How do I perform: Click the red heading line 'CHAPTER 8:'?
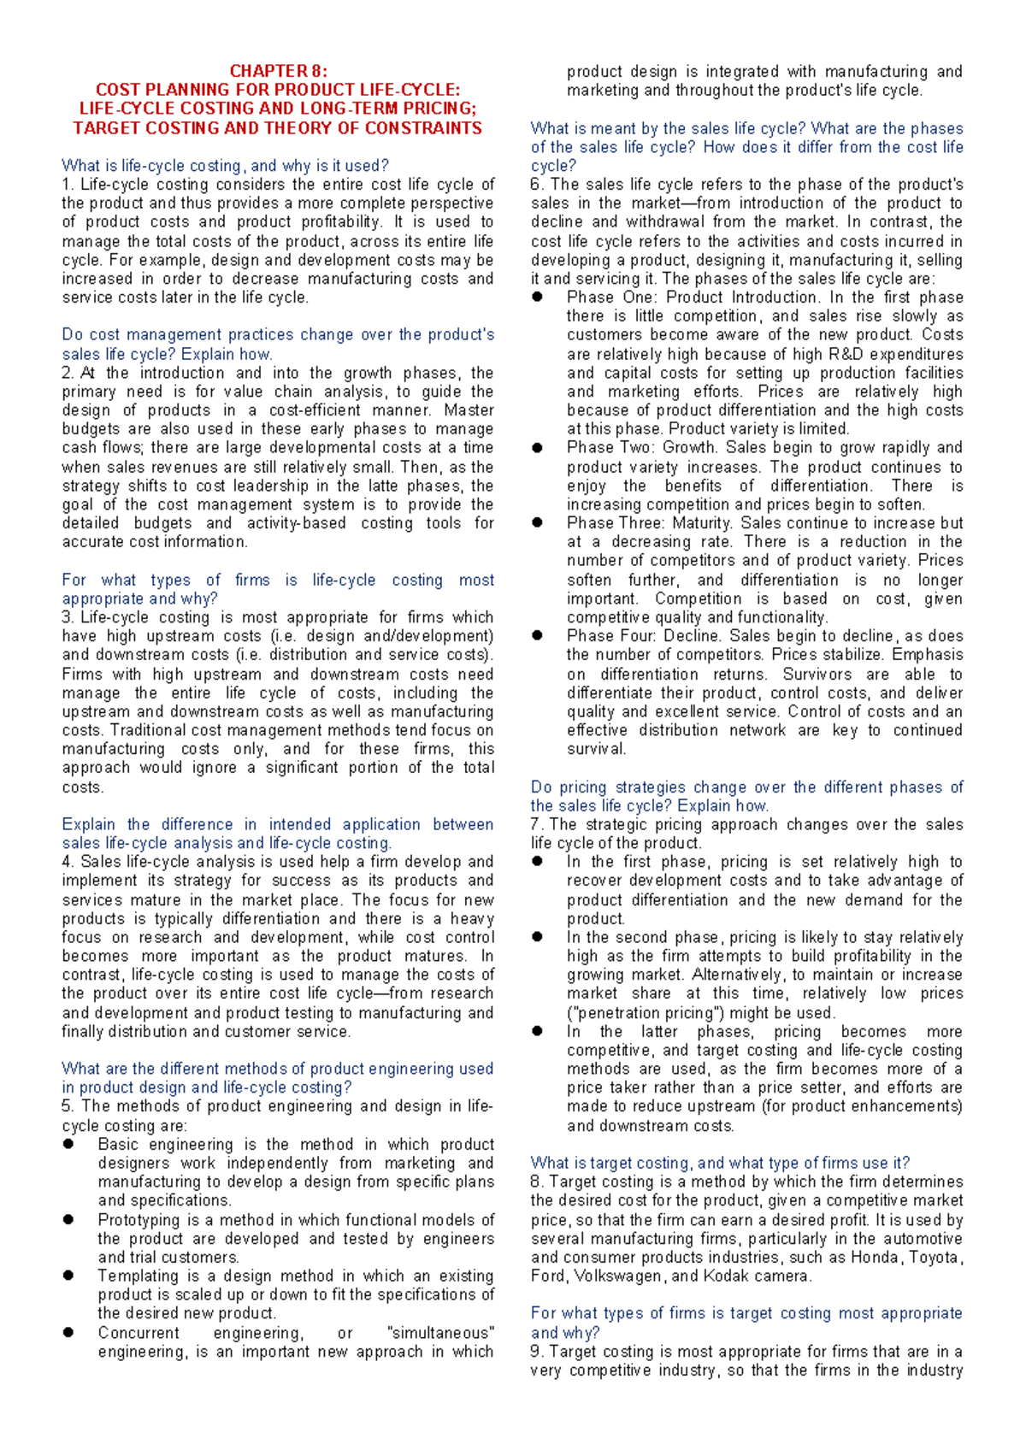tap(278, 72)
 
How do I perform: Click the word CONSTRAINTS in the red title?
tap(423, 128)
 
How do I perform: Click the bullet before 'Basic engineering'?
tap(68, 1145)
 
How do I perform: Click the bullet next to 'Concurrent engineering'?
tap(68, 1333)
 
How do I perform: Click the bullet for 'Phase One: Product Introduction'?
tap(537, 298)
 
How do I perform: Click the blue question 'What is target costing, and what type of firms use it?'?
tap(720, 1163)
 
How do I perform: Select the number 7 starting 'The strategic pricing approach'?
tap(536, 825)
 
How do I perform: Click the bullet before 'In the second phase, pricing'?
tap(537, 938)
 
